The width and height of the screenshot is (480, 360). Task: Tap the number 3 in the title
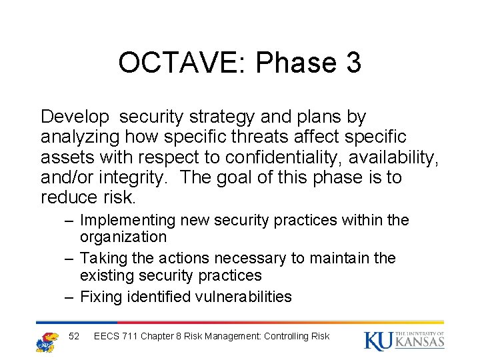coord(353,63)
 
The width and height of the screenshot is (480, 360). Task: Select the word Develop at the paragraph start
coord(75,117)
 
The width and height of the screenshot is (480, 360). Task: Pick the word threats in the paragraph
coord(251,137)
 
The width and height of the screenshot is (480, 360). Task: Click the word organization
coord(123,237)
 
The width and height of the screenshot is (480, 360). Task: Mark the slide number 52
coord(74,336)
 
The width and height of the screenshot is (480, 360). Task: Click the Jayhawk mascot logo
coord(47,341)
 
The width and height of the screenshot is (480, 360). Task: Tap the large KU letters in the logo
coord(377,340)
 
